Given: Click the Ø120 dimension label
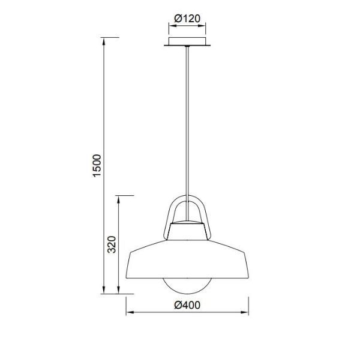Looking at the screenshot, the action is (187, 19).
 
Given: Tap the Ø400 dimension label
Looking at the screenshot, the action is (187, 305).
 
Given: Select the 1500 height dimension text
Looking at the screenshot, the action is (97, 166).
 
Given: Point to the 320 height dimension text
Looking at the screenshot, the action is (112, 244).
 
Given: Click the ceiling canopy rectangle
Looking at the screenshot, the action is (187, 41).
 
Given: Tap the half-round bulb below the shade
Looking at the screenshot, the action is (187, 286).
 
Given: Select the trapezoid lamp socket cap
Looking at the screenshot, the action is (187, 231).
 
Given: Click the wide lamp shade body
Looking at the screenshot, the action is (187, 259).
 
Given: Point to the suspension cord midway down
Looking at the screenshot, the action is (187, 133).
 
